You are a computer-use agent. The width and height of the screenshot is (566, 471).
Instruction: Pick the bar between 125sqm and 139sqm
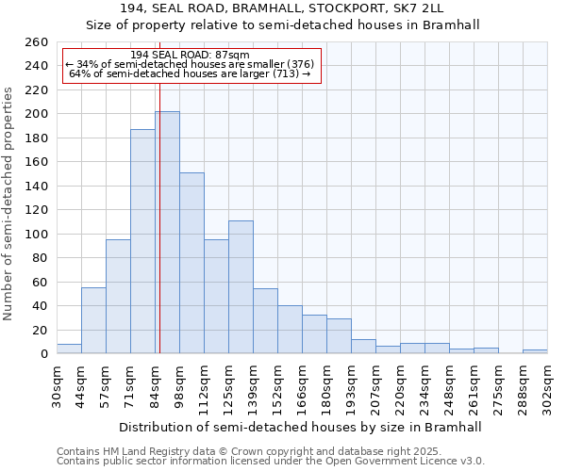tap(241, 287)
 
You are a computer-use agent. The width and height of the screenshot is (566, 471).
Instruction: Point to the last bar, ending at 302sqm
tap(535, 351)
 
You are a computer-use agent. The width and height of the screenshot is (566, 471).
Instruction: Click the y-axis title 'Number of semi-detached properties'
tap(9, 203)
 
